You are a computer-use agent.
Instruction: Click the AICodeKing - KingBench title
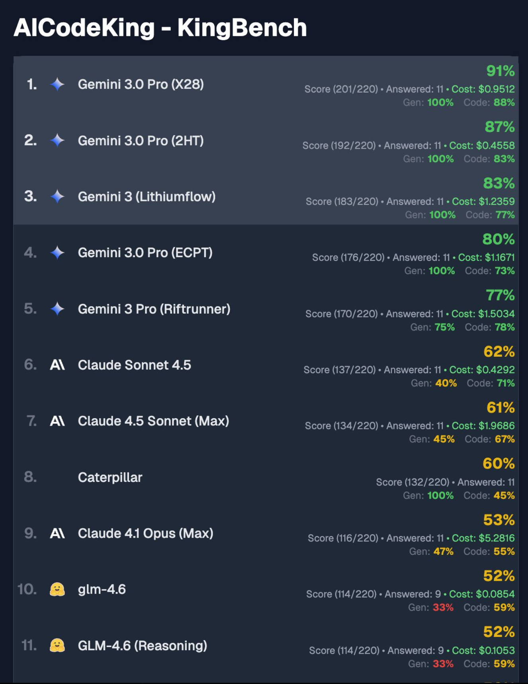[x=160, y=28]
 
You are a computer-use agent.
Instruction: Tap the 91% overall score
[x=500, y=71]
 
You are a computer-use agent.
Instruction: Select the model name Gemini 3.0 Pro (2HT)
[x=141, y=141]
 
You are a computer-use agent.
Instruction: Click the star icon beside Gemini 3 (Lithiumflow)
[x=57, y=197]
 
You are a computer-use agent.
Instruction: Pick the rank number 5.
[x=30, y=309]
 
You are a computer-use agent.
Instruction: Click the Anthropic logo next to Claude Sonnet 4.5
[x=57, y=365]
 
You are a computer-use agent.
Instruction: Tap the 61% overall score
[x=500, y=407]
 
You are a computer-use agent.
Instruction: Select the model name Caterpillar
[x=110, y=477]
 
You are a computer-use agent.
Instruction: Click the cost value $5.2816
[x=497, y=538]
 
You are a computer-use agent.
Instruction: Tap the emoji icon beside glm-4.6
[x=57, y=589]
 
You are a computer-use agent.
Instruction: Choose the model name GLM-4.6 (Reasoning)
[x=142, y=645]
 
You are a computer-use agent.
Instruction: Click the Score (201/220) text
[x=341, y=89]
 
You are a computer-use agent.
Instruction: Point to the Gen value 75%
[x=444, y=327]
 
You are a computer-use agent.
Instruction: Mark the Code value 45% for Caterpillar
[x=504, y=495]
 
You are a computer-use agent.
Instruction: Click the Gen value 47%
[x=443, y=552]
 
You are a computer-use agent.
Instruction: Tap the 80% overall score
[x=498, y=239]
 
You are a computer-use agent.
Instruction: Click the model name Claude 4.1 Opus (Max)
[x=145, y=533]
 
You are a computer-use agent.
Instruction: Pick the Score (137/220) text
[x=339, y=370]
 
